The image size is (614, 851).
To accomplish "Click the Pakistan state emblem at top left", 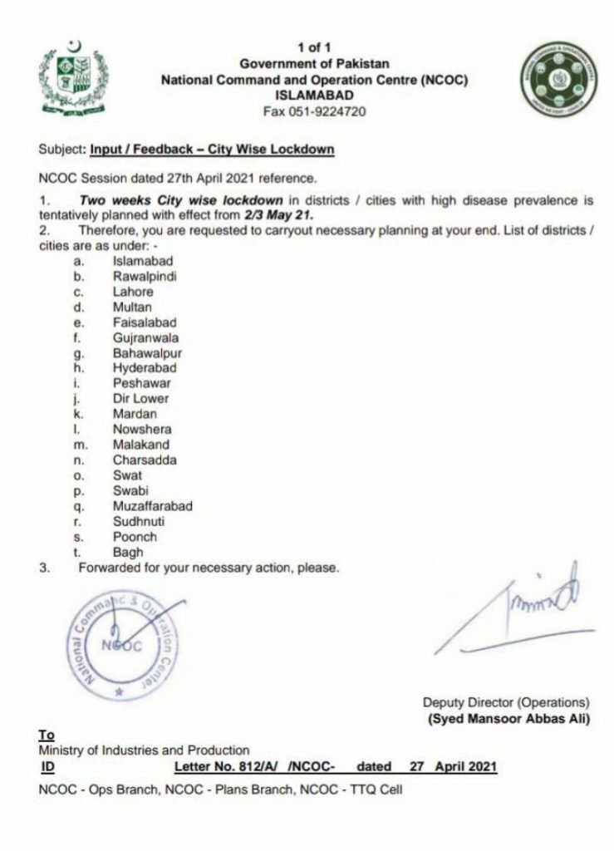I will tap(72, 77).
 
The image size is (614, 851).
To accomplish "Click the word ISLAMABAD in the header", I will tap(314, 96).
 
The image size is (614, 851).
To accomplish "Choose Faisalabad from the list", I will tap(143, 322).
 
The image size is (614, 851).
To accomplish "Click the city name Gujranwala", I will tap(145, 338).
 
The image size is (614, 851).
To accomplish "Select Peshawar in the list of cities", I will tap(141, 384).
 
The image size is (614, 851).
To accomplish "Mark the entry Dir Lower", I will tap(140, 399).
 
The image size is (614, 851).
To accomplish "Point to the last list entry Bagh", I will tap(128, 552).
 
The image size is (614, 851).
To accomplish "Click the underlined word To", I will tap(46, 735).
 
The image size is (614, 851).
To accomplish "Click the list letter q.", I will tap(76, 506).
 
